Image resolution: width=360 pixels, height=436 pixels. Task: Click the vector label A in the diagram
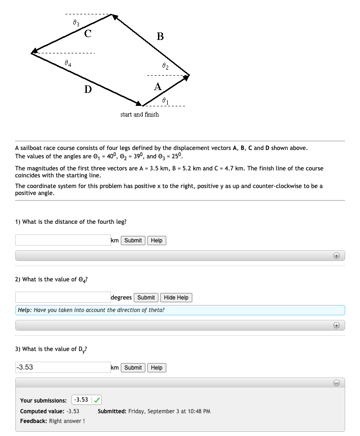[x=157, y=86]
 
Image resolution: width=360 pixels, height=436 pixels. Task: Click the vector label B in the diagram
[x=160, y=36]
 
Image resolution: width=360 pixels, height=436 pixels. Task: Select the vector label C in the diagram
[x=88, y=33]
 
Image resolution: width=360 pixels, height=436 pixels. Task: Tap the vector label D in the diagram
[x=88, y=89]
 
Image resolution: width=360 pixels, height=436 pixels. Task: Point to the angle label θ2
[x=165, y=67]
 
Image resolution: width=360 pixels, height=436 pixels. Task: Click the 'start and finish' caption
[x=139, y=114]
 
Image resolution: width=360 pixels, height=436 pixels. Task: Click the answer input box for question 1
[x=63, y=240]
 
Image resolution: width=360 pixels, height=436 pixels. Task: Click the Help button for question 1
[x=157, y=241]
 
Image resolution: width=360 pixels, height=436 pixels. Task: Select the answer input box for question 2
[x=63, y=297]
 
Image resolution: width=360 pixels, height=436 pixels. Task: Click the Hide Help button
[x=176, y=298]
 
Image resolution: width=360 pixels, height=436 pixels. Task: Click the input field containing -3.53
[x=63, y=367]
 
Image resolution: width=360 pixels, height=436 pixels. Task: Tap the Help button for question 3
[x=157, y=368]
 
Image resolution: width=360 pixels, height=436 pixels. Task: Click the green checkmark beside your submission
[x=98, y=400]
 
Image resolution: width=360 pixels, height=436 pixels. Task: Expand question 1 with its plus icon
[x=337, y=256]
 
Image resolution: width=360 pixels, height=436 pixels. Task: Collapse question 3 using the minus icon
[x=337, y=383]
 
